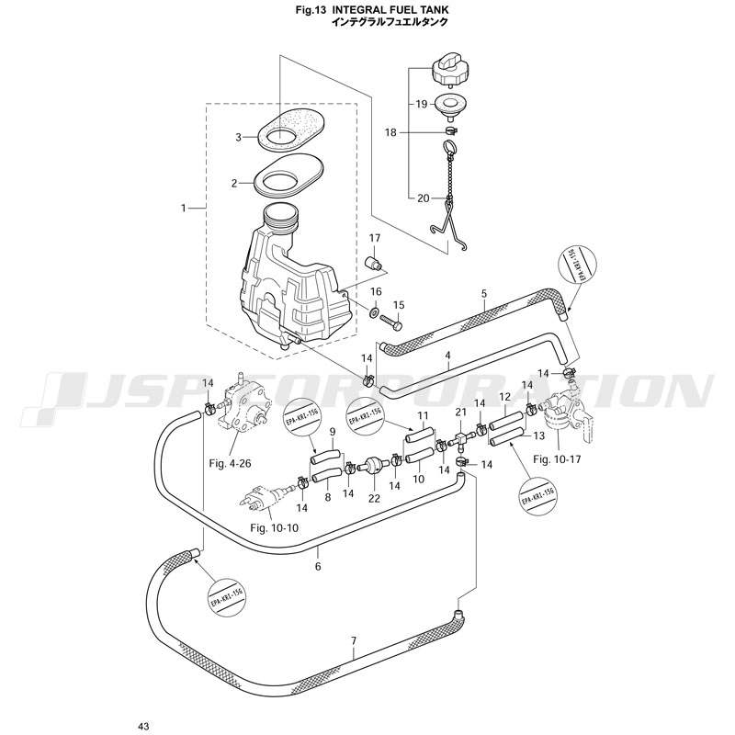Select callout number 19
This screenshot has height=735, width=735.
coord(422,104)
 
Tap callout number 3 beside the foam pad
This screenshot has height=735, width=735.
coord(237,137)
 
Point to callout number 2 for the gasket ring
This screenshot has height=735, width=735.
coord(235,183)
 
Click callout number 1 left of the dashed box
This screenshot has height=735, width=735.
coord(185,209)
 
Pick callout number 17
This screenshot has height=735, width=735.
coord(375,238)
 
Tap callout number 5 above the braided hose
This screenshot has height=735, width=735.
coord(483,294)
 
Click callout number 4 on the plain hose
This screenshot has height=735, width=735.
coord(447,355)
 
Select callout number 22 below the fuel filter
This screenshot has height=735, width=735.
coord(374,498)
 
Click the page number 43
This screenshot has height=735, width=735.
coord(142,727)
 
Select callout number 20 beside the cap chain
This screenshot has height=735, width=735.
coord(423,198)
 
